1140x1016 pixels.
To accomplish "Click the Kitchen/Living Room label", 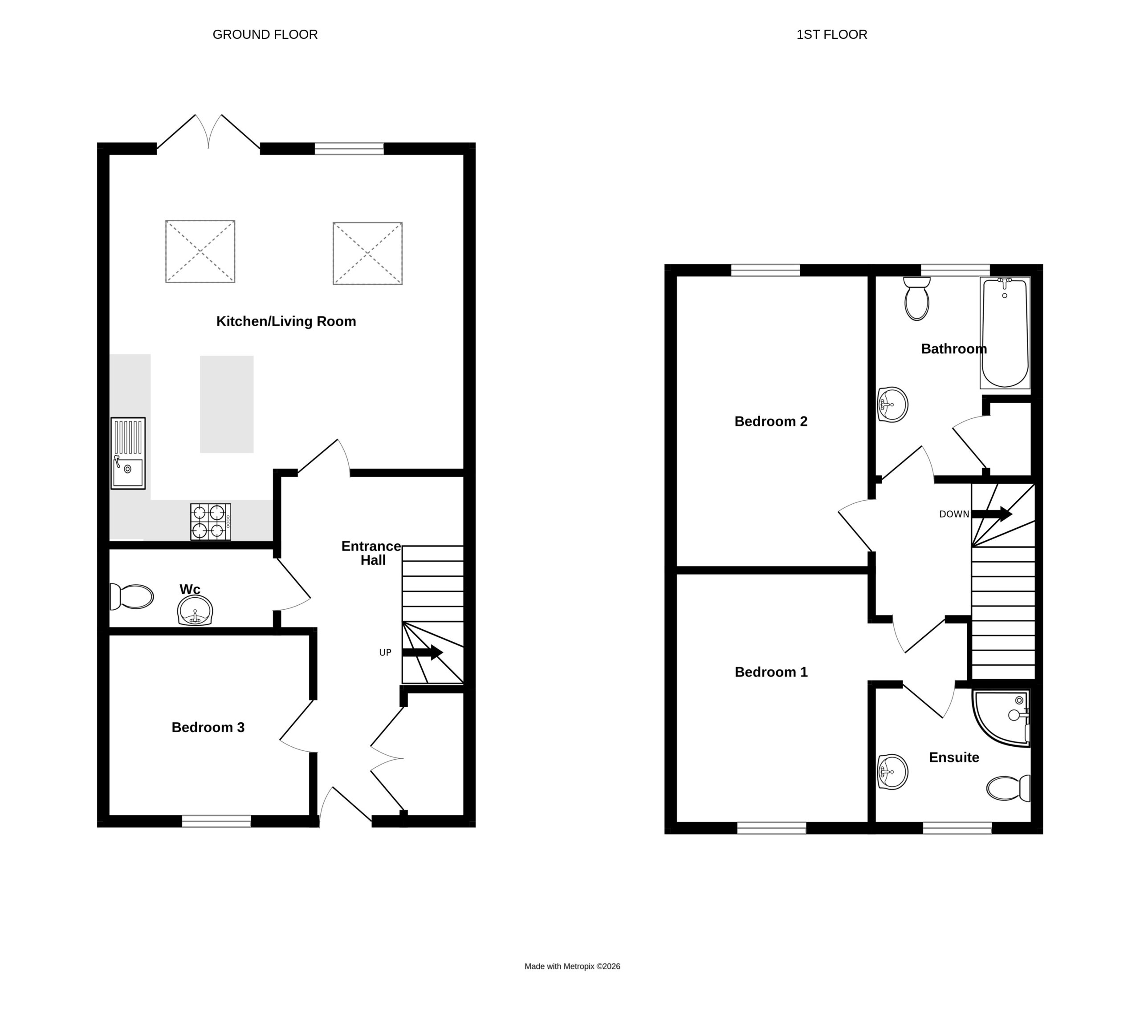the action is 286,322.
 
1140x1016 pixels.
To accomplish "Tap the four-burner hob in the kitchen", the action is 211,522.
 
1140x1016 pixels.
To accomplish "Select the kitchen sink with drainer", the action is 128,453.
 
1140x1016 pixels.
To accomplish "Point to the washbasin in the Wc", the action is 195,611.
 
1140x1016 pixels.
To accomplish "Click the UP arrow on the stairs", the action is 422,652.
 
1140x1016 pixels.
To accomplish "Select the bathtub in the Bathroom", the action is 1005,333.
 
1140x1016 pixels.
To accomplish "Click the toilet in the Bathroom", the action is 916,299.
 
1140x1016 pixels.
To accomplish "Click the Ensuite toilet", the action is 1008,788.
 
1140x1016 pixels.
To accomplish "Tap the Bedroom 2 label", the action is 771,421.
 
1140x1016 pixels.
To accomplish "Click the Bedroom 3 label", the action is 208,727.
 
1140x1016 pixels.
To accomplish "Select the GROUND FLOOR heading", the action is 265,35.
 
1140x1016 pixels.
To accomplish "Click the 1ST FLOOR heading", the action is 832,35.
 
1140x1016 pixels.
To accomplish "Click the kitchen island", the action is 227,404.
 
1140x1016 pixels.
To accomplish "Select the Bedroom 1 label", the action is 771,672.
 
